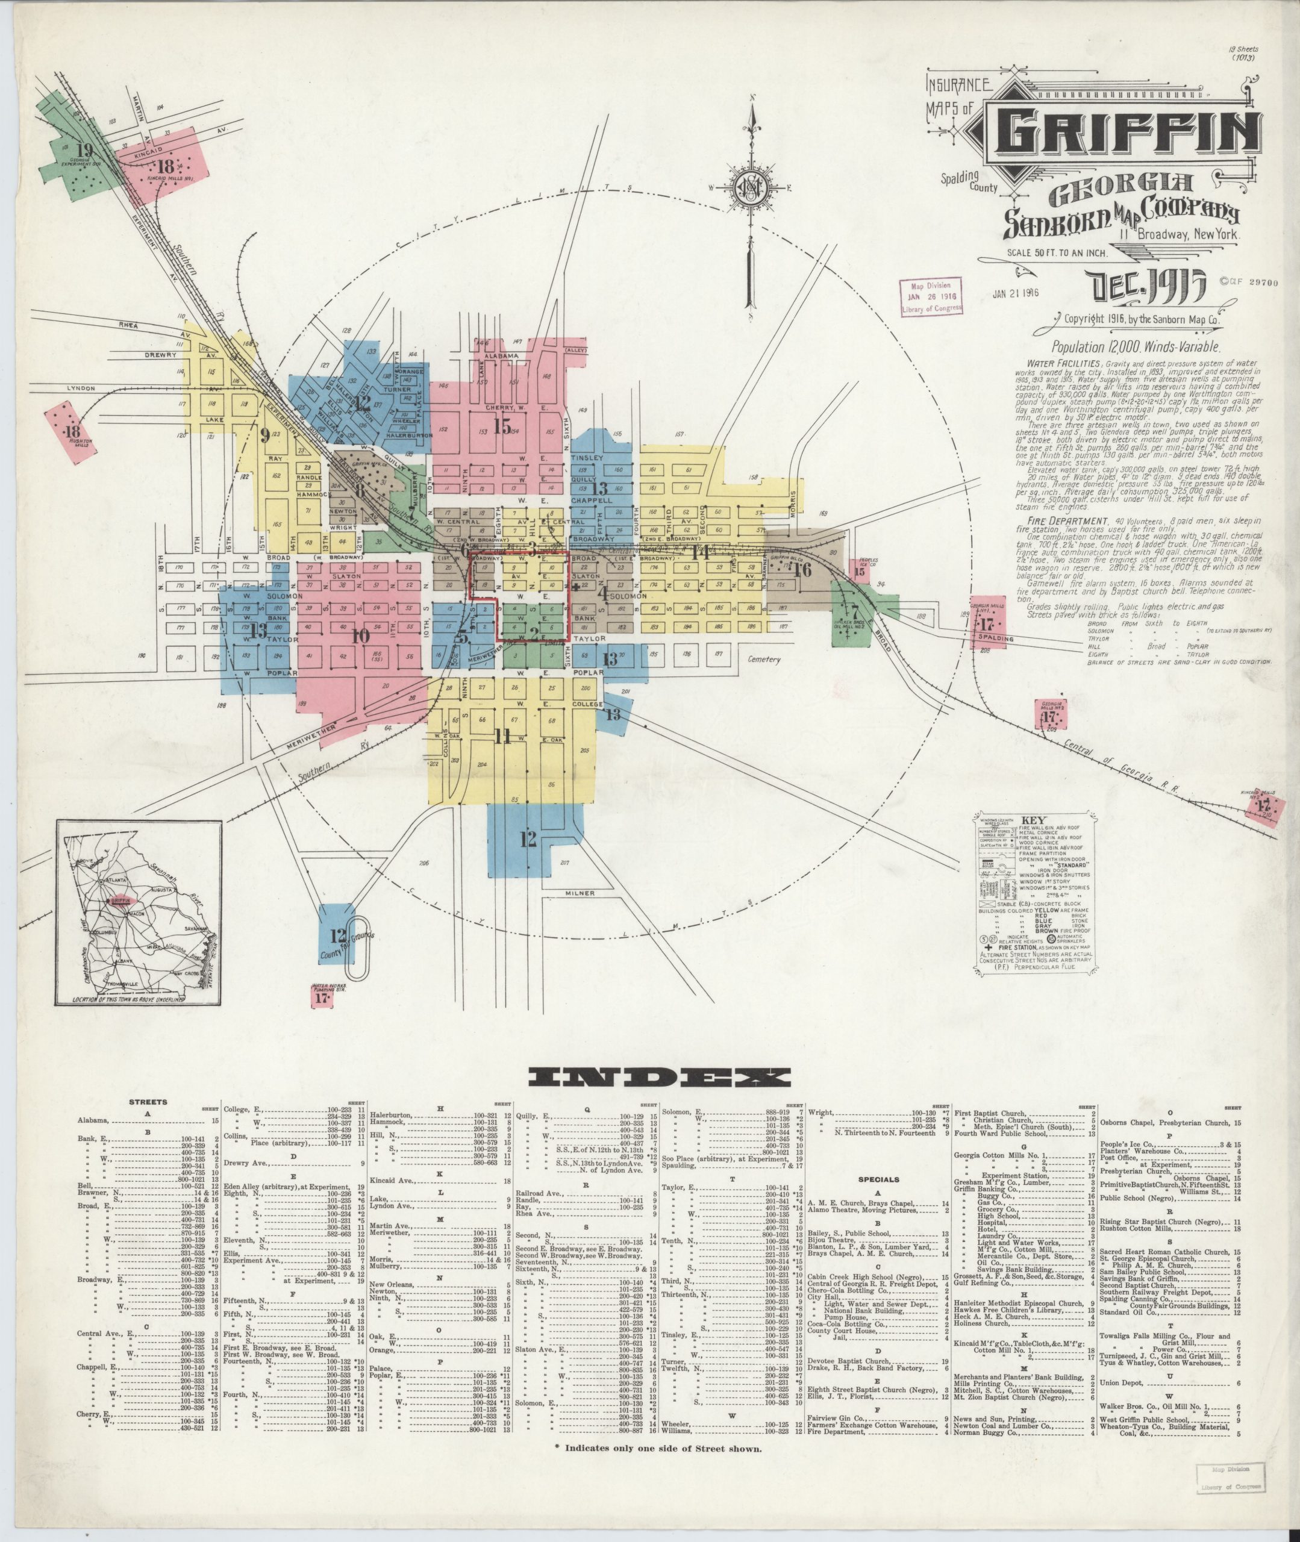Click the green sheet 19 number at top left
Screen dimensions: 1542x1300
click(86, 151)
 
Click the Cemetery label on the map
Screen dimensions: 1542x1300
click(762, 660)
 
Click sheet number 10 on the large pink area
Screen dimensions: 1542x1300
click(360, 635)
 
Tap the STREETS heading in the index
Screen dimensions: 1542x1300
click(148, 1102)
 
